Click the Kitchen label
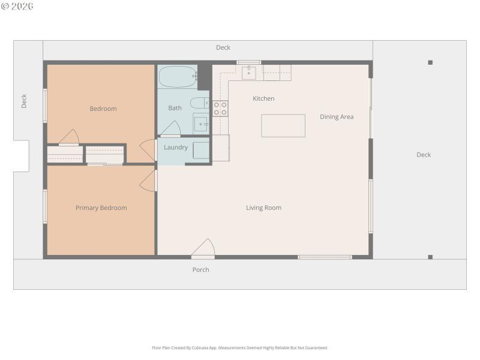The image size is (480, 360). click(263, 98)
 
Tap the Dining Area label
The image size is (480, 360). click(337, 117)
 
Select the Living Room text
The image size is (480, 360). click(263, 208)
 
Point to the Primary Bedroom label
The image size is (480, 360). click(101, 208)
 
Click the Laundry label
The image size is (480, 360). click(176, 148)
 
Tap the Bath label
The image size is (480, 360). click(175, 108)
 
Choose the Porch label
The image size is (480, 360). click(200, 270)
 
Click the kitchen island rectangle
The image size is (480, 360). click(283, 125)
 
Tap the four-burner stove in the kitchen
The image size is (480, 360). click(220, 108)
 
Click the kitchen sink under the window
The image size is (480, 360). click(249, 73)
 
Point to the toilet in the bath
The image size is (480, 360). click(200, 103)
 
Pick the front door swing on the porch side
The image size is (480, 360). click(204, 248)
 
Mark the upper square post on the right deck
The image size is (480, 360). click(430, 62)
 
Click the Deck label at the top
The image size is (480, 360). click(223, 48)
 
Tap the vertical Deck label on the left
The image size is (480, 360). click(25, 101)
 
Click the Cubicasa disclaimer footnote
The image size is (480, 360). click(240, 348)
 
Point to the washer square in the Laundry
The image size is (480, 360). click(201, 151)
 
